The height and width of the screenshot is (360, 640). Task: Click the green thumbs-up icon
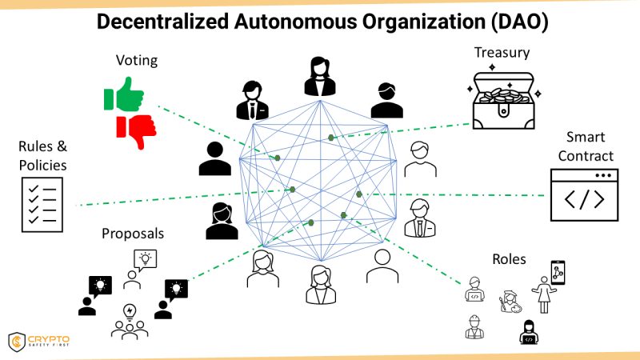(x=124, y=94)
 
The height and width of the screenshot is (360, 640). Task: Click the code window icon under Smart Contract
(x=584, y=195)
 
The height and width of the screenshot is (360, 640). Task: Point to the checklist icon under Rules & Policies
(x=42, y=205)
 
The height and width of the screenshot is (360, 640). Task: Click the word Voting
(x=137, y=61)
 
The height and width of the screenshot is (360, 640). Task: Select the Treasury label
(x=502, y=53)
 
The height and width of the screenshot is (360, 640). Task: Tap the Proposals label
(x=133, y=234)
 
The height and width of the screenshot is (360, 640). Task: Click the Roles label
(x=509, y=259)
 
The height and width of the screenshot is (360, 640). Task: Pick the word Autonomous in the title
(x=295, y=22)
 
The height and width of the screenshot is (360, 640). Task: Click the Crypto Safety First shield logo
(x=17, y=342)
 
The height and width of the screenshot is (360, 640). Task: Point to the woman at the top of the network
(x=320, y=76)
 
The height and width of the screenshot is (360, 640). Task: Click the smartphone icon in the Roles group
(x=558, y=272)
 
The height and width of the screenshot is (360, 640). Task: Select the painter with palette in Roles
(x=510, y=302)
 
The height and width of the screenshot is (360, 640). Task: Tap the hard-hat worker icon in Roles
(x=474, y=327)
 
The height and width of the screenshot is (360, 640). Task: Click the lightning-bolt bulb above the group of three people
(x=130, y=311)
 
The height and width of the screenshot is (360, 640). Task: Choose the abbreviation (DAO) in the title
(x=519, y=22)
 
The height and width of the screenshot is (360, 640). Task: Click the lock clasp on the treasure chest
(x=504, y=110)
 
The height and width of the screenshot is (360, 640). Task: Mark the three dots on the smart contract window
(x=603, y=175)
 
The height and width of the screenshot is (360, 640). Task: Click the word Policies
(x=43, y=166)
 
